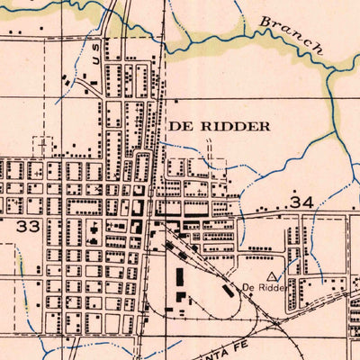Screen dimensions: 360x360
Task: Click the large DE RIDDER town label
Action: (218, 127)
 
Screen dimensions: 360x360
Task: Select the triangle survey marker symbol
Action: (271, 274)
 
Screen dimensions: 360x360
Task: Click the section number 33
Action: (28, 226)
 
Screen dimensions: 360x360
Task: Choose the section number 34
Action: (301, 204)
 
